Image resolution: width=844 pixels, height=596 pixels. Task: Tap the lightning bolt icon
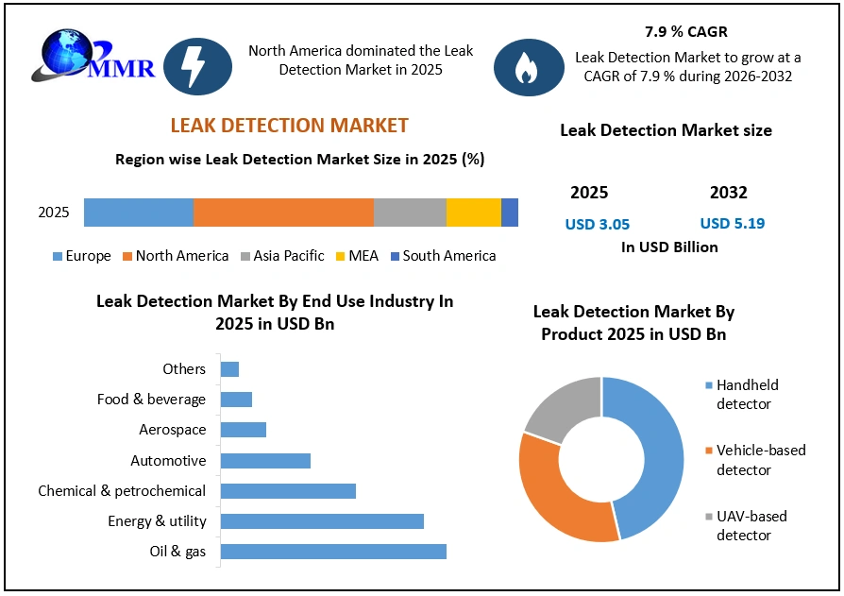(x=197, y=66)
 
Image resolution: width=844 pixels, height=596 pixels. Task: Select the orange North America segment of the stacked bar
(x=283, y=213)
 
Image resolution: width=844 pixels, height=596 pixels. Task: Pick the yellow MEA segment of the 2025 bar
(x=473, y=213)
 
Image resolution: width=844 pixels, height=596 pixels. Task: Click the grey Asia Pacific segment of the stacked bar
(x=410, y=213)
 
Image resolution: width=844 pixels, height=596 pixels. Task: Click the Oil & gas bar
(x=332, y=552)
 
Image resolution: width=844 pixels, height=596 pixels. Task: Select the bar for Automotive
(x=265, y=461)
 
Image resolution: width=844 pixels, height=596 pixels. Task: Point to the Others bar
(x=229, y=369)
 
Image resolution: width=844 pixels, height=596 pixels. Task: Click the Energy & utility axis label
(x=157, y=521)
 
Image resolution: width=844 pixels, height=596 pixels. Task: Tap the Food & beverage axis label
(x=151, y=400)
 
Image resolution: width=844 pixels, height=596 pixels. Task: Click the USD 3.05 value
(x=597, y=225)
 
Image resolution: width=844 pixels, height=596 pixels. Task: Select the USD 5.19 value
(x=732, y=224)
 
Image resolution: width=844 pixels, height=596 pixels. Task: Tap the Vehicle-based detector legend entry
(x=760, y=460)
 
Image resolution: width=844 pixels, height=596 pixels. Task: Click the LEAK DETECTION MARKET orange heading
(x=289, y=126)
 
